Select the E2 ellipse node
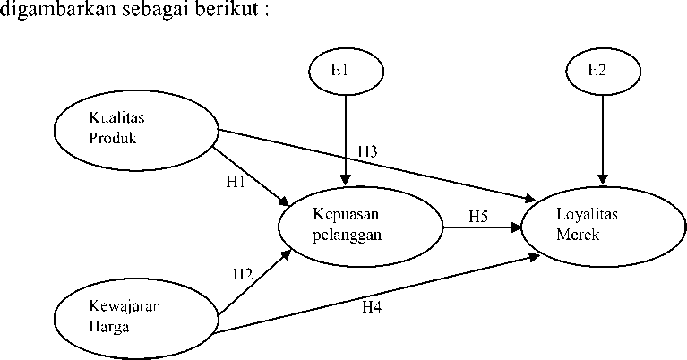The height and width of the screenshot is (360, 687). click(x=603, y=71)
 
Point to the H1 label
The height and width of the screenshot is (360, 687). click(x=236, y=182)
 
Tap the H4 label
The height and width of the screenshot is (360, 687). click(x=372, y=308)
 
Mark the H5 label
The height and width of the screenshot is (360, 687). click(x=477, y=216)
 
